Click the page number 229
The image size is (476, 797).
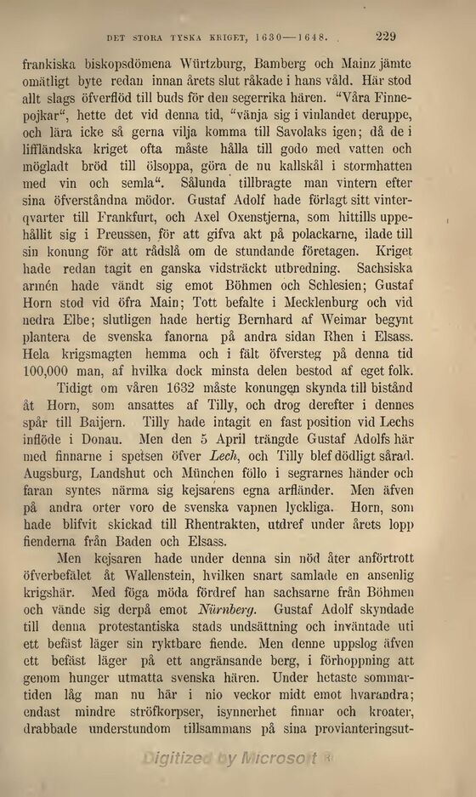(x=386, y=36)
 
